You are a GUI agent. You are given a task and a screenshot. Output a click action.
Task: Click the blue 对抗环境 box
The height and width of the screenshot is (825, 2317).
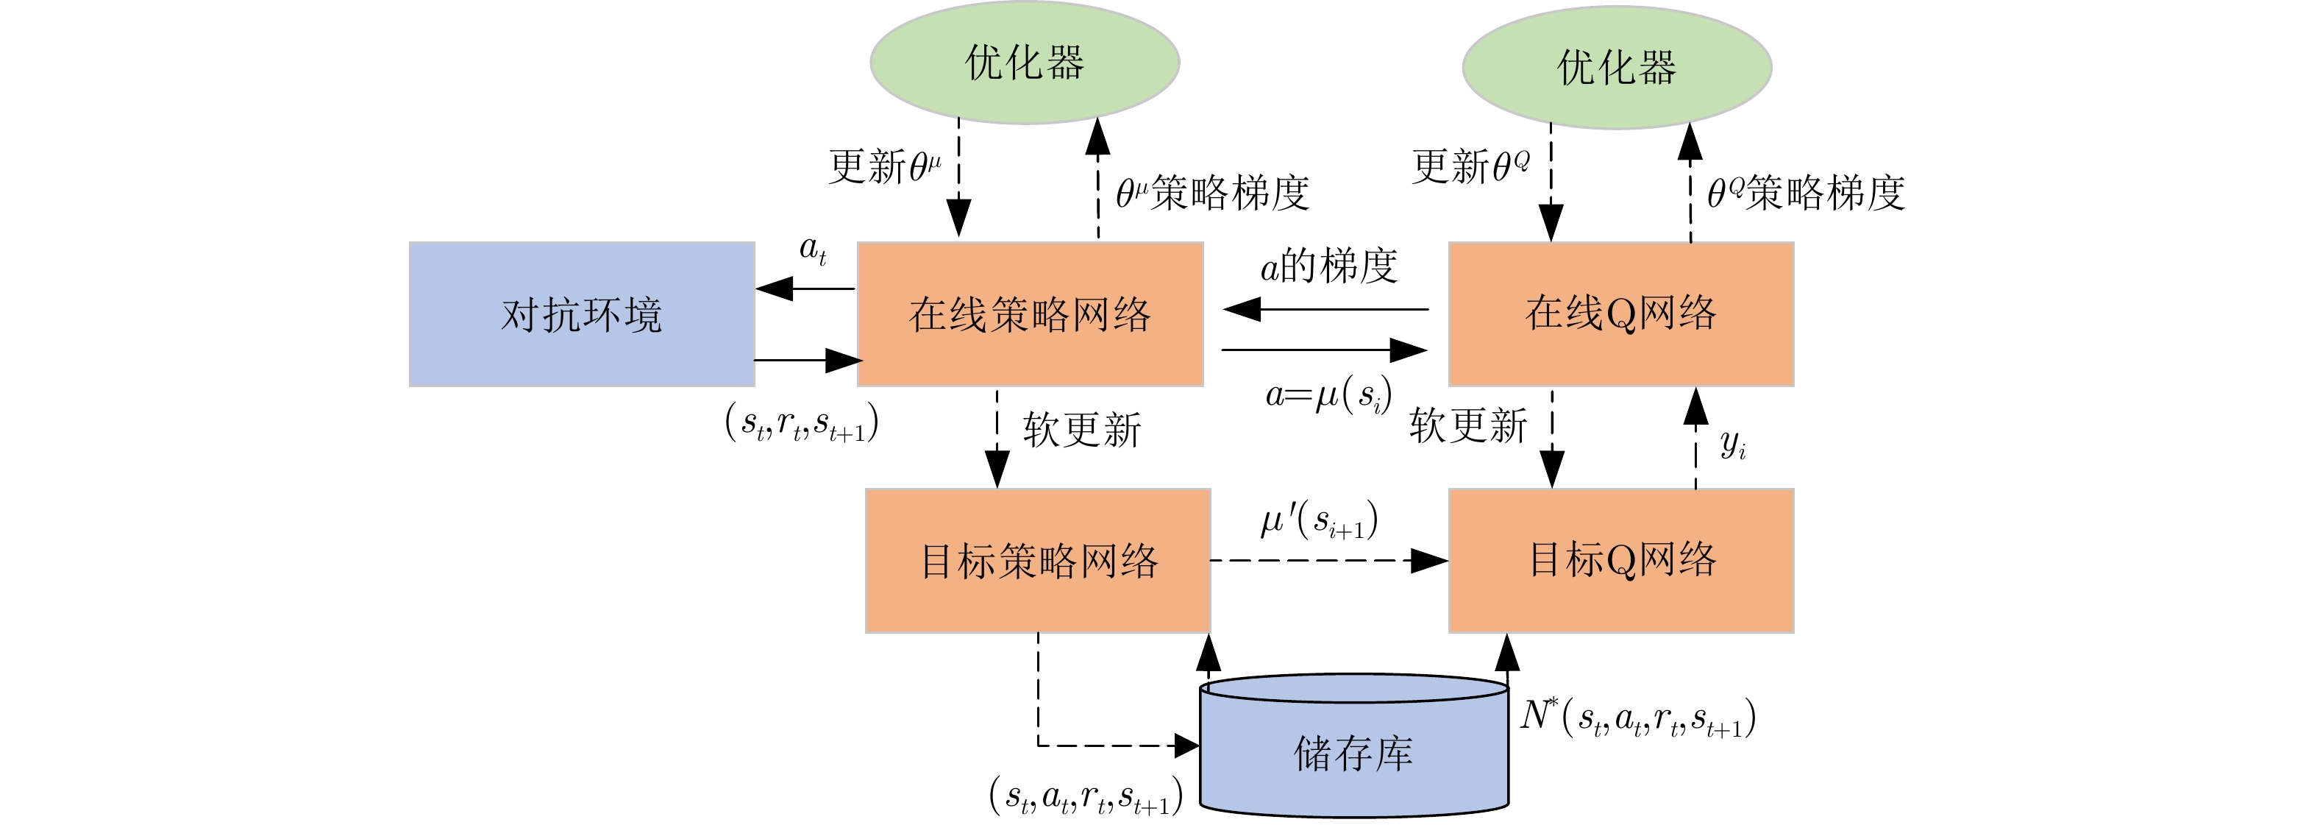pyautogui.click(x=581, y=314)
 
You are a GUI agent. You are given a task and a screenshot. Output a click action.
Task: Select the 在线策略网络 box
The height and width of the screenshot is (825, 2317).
pyautogui.click(x=1029, y=314)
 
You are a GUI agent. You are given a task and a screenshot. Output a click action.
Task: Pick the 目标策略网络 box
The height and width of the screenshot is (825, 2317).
pyautogui.click(x=1037, y=561)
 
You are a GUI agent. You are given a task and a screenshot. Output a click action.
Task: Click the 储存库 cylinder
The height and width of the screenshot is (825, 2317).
pyautogui.click(x=1353, y=752)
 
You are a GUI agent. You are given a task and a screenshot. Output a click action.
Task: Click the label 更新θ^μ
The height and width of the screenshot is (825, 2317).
pyautogui.click(x=884, y=166)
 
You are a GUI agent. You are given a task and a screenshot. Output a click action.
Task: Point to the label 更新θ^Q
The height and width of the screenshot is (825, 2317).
pyautogui.click(x=1470, y=166)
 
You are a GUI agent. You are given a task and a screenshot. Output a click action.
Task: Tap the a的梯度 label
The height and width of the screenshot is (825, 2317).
pyautogui.click(x=1328, y=266)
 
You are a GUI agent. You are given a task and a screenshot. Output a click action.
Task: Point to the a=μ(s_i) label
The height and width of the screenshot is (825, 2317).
pyautogui.click(x=1328, y=396)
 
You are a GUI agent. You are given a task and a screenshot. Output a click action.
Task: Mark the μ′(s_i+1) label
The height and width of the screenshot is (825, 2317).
pyautogui.click(x=1319, y=521)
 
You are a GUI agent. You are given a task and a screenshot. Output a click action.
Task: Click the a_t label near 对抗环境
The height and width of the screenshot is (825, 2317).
pyautogui.click(x=812, y=249)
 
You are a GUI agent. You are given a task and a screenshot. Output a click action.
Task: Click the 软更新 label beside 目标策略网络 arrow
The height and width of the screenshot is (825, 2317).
pyautogui.click(x=1082, y=429)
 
